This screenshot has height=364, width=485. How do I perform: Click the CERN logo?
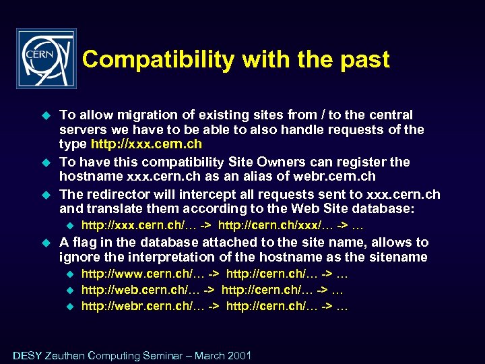coord(46,59)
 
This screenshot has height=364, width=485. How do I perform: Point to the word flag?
coord(84,242)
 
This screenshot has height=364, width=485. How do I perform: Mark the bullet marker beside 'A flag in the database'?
coord(46,242)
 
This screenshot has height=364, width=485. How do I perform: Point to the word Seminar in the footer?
coord(156,356)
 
